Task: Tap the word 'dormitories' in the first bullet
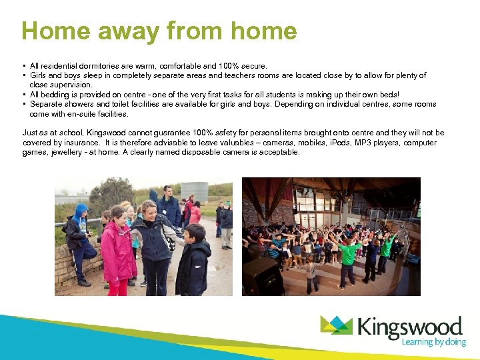point(90,66)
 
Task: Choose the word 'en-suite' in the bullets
point(67,114)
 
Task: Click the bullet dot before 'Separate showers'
point(24,105)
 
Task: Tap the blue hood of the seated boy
point(80,212)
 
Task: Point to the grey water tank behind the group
point(194,191)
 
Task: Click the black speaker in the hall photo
point(262,275)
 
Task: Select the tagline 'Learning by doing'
point(432,342)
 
